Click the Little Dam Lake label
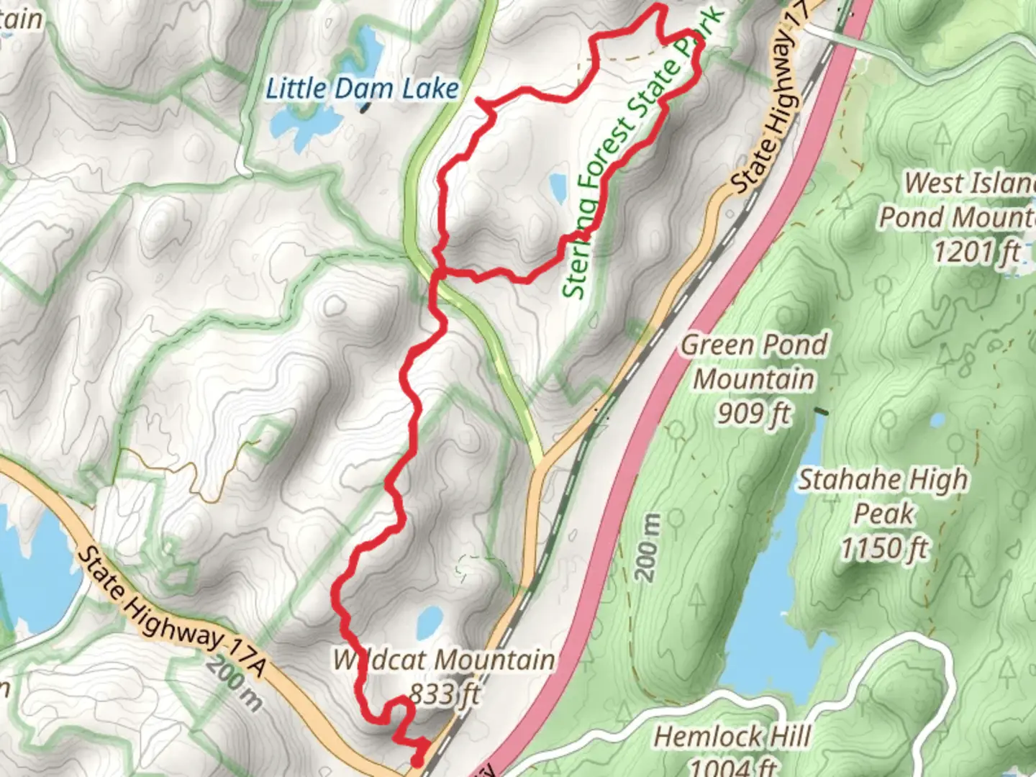(x=362, y=89)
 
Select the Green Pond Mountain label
(x=754, y=362)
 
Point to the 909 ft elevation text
(x=753, y=413)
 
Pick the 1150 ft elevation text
(x=884, y=548)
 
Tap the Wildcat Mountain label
(x=443, y=660)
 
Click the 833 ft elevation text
(x=444, y=694)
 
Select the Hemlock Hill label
(x=732, y=737)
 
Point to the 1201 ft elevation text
(x=976, y=252)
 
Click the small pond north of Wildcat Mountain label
(x=430, y=619)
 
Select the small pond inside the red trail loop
(x=558, y=186)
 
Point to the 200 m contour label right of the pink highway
(x=648, y=548)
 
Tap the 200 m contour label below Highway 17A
(x=235, y=683)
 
